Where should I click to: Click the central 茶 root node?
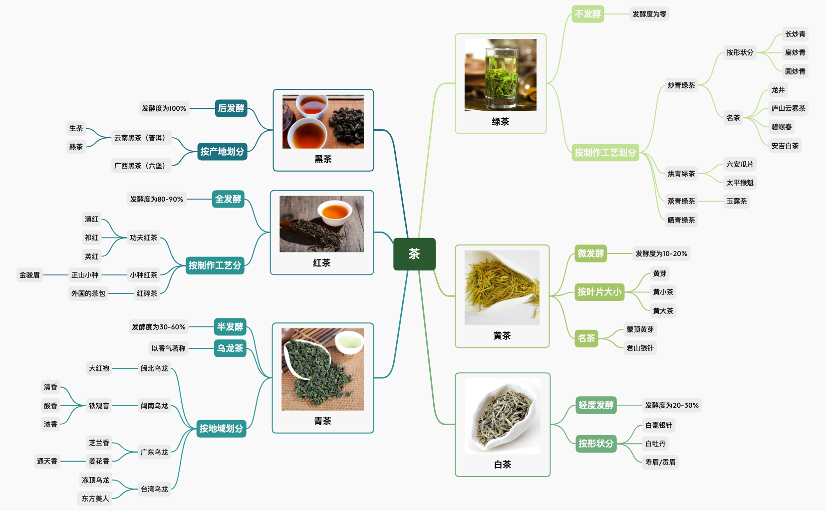414,254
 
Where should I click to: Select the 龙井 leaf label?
778,90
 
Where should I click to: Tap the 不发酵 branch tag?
587,14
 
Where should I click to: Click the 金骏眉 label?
29,275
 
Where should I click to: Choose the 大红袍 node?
99,368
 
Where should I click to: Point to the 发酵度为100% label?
164,108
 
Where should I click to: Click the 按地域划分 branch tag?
221,428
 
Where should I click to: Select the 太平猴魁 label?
740,183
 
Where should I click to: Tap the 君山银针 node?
640,348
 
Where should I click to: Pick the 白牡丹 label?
655,444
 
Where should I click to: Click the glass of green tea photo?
501,75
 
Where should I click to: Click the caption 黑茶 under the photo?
323,159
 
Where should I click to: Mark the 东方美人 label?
95,499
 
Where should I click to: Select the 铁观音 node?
99,406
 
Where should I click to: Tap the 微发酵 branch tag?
590,254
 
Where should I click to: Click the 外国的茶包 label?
88,293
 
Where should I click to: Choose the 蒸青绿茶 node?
681,201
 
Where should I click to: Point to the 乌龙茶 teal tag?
230,348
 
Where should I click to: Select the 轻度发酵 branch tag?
596,405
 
